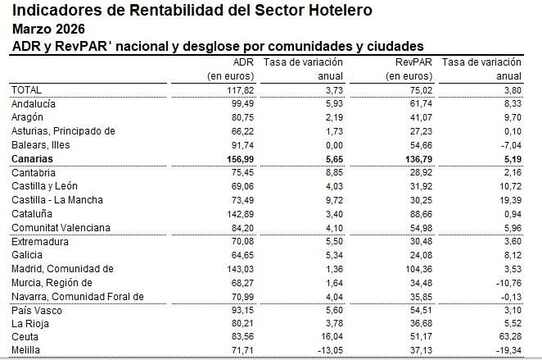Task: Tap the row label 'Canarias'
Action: (33, 158)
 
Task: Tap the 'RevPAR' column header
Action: (413, 62)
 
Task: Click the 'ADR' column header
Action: (244, 62)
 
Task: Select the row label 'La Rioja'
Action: (30, 324)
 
